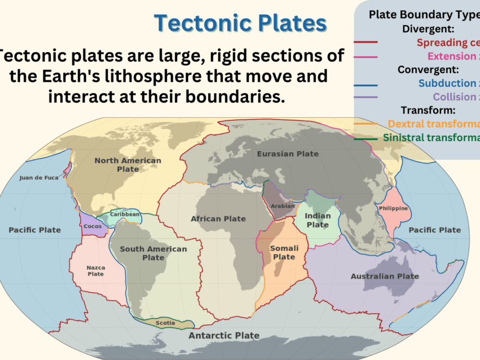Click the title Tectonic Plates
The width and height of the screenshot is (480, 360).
(241, 23)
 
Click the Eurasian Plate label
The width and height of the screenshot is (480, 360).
(287, 154)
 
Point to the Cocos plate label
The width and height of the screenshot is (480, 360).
(92, 226)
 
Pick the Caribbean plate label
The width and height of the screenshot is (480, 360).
(125, 214)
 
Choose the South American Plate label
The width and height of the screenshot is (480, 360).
(153, 253)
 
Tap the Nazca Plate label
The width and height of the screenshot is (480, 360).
(95, 271)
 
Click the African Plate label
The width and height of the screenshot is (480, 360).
(218, 219)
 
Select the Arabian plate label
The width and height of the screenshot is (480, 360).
(283, 206)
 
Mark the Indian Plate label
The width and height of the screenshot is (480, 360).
(317, 220)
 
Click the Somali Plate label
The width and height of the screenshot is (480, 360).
(284, 253)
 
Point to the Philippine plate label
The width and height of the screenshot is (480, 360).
(393, 208)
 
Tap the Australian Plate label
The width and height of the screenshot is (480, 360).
(385, 276)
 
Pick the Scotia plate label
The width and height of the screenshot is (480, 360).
(165, 323)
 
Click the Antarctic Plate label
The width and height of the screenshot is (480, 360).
(224, 335)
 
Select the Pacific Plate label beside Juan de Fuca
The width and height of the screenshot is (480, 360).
(34, 230)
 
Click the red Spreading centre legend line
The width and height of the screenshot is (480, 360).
(365, 43)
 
